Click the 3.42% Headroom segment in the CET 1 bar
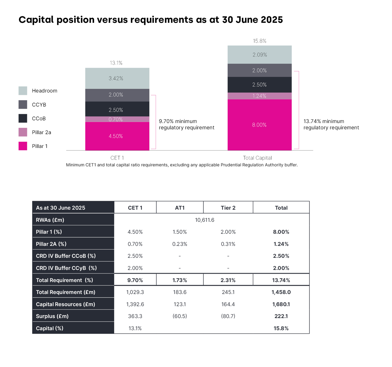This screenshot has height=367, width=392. click(x=116, y=79)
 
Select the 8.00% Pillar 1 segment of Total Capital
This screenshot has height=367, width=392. click(x=259, y=125)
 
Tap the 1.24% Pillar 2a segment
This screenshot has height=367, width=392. click(x=259, y=96)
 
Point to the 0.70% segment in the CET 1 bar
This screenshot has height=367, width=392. click(x=116, y=119)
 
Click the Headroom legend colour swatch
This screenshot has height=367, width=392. click(x=23, y=91)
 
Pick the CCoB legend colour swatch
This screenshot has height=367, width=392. click(x=23, y=118)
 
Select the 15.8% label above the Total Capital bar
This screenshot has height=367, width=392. click(x=260, y=41)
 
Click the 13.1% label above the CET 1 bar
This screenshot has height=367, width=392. click(x=116, y=63)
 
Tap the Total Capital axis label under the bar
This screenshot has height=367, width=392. click(x=257, y=158)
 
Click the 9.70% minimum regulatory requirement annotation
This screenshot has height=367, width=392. click(x=186, y=125)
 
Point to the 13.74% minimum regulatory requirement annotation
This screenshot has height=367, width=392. click(x=331, y=125)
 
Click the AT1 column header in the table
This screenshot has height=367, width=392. click(x=180, y=208)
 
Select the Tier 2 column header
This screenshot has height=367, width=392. click(x=228, y=208)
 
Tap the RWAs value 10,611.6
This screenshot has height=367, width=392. click(x=204, y=220)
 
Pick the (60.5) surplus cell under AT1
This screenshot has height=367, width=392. click(x=180, y=316)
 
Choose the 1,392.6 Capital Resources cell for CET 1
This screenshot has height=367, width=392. click(x=135, y=304)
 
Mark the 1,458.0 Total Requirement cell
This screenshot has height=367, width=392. click(x=281, y=292)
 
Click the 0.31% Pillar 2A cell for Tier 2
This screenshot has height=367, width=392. click(x=228, y=244)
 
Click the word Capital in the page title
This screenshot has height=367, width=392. click(x=37, y=20)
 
